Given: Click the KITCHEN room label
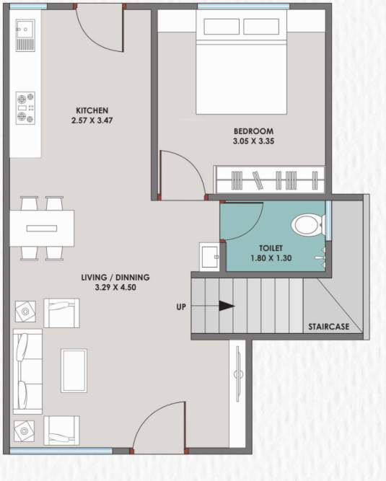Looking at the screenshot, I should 91,110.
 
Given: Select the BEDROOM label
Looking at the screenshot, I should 253,131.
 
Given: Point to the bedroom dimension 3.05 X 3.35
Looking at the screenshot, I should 253,141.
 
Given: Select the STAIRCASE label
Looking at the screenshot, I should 328,327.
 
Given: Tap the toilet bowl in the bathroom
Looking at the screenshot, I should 307,225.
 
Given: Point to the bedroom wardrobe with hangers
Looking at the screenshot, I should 268,179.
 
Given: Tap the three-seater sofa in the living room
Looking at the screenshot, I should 27,371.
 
